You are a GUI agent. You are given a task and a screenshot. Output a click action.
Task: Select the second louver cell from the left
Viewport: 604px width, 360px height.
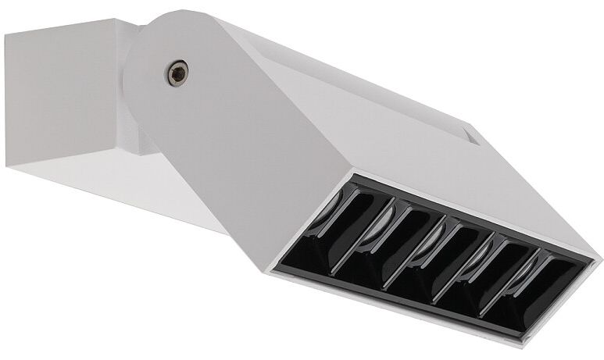tap(398, 238)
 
